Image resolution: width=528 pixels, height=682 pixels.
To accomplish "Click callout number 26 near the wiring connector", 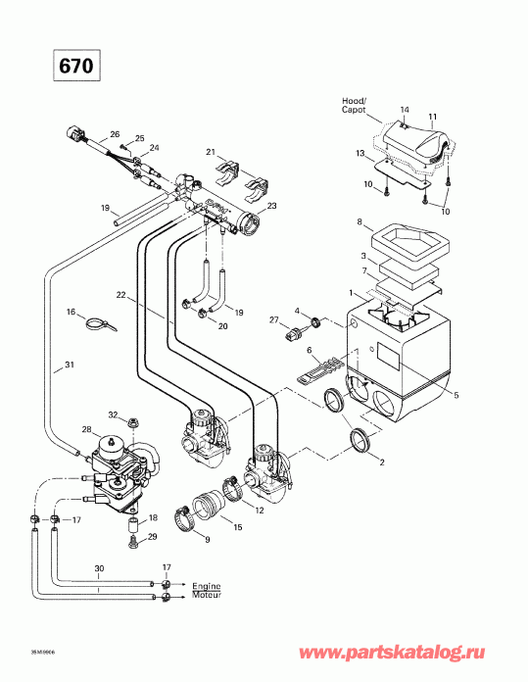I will pyautogui.click(x=115, y=134).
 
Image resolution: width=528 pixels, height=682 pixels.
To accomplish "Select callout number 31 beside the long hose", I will pyautogui.click(x=69, y=365).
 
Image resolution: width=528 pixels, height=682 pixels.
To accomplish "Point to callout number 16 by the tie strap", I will pyautogui.click(x=70, y=312).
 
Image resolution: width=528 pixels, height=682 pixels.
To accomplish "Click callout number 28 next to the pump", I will pyautogui.click(x=86, y=430).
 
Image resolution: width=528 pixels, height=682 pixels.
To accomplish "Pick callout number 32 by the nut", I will pyautogui.click(x=113, y=414).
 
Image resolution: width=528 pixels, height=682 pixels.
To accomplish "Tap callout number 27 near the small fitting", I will pyautogui.click(x=274, y=320).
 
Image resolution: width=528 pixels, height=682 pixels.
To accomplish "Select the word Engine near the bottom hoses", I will pyautogui.click(x=206, y=585).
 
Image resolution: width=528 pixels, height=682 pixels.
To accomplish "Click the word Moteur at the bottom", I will pyautogui.click(x=207, y=595).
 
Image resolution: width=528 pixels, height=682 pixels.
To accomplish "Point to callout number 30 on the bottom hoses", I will pyautogui.click(x=99, y=569).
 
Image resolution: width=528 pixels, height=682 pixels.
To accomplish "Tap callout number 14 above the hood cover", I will pyautogui.click(x=405, y=109).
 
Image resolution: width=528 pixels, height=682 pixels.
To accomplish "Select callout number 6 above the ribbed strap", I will pyautogui.click(x=310, y=350).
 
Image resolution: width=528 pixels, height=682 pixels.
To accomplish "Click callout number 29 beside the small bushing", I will pyautogui.click(x=151, y=537).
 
